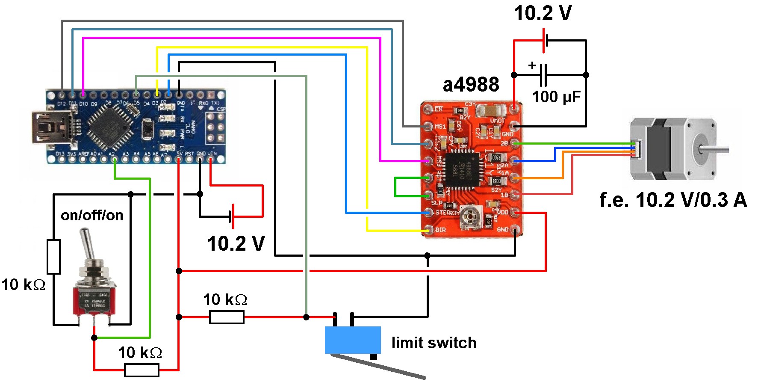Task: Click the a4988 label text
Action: point(471,85)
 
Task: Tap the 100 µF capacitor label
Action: point(556,97)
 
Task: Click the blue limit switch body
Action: point(353,340)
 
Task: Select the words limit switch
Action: point(434,343)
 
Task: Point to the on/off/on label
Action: point(92,215)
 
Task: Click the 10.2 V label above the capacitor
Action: point(543,13)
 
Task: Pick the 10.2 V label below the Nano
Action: point(236,244)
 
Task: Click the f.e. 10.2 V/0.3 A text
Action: point(673,200)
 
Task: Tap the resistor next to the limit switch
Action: point(227,317)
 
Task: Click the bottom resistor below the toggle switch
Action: point(142,370)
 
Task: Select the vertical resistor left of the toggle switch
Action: point(53,257)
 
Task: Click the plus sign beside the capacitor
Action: point(532,65)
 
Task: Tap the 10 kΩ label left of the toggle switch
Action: point(24,285)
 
